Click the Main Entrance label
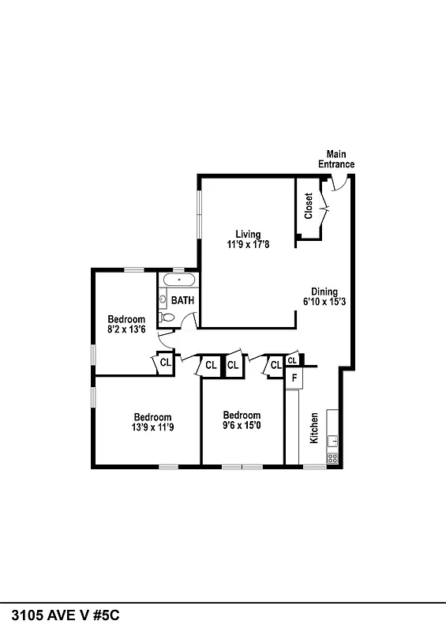tap(336, 159)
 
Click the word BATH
tap(183, 300)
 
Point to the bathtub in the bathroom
tap(179, 280)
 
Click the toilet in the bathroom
tap(167, 317)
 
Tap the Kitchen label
tap(314, 427)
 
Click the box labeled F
tap(294, 378)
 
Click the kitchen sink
tap(332, 441)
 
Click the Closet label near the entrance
tap(309, 206)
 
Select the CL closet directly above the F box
tap(292, 360)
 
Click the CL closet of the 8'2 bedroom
tap(165, 363)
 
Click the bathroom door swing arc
tap(189, 318)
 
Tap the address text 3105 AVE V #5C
tap(66, 615)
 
